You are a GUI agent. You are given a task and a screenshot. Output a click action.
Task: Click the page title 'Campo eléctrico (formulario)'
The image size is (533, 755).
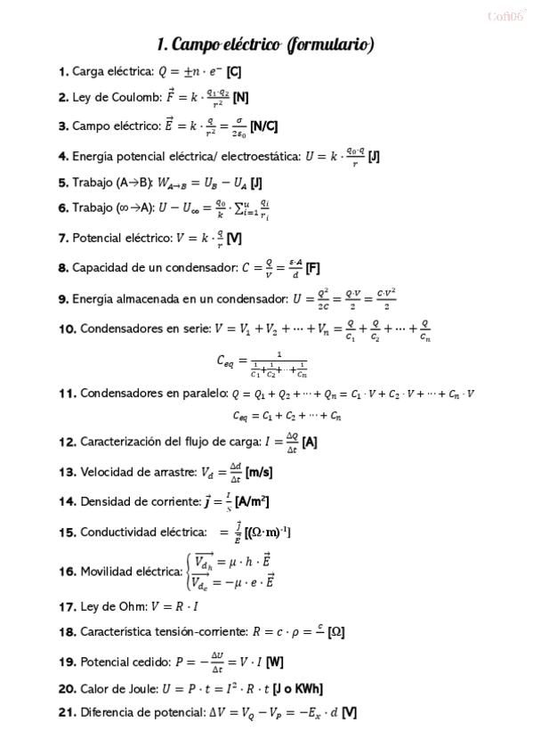[265, 45]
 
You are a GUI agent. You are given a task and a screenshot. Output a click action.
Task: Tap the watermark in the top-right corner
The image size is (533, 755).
[506, 16]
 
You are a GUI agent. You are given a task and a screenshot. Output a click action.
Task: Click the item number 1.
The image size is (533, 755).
[63, 72]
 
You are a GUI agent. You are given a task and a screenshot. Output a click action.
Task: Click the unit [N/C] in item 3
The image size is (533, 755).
[264, 126]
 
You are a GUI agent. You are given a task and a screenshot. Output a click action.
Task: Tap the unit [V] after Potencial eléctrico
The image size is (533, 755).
[234, 239]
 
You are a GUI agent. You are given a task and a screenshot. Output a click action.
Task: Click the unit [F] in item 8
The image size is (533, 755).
[312, 267]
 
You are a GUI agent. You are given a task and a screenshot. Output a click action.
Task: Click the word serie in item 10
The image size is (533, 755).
[190, 328]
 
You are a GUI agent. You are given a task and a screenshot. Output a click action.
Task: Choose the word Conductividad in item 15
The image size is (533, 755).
[121, 532]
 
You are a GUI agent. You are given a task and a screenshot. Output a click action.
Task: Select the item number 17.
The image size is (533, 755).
[67, 606]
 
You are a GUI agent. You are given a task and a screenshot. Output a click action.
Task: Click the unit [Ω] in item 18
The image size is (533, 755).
[335, 632]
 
